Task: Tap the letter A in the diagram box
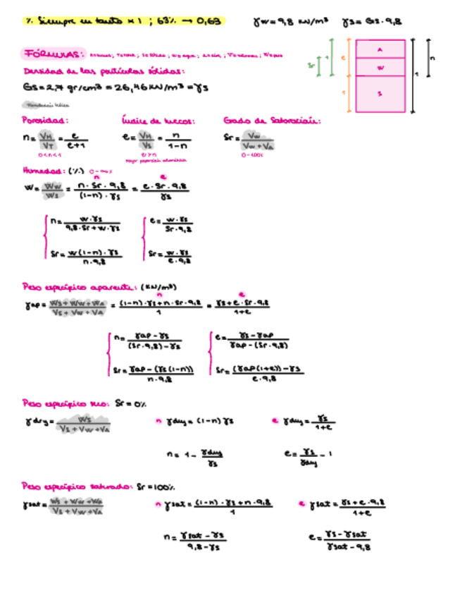click(x=380, y=49)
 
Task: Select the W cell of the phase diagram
click(x=380, y=68)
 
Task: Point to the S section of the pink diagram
click(x=380, y=93)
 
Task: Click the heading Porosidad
click(x=44, y=121)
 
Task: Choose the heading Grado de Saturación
click(x=271, y=121)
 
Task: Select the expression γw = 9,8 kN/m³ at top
click(x=290, y=22)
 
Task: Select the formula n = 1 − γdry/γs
click(x=190, y=458)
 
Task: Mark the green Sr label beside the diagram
click(x=311, y=66)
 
